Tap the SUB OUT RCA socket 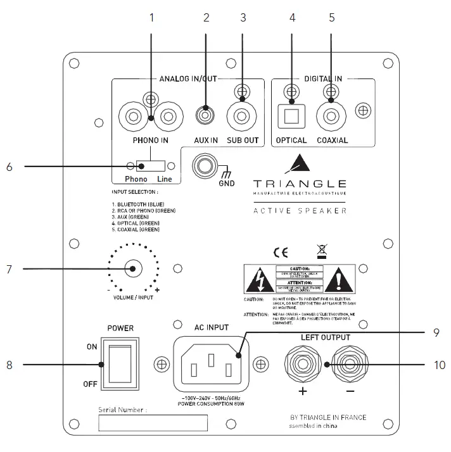point(242,117)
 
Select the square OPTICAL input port point(292,116)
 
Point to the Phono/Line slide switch point(151,166)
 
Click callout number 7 point(9,269)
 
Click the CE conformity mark point(281,252)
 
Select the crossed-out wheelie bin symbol point(322,252)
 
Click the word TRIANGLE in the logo point(300,183)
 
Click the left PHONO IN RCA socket point(134,117)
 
